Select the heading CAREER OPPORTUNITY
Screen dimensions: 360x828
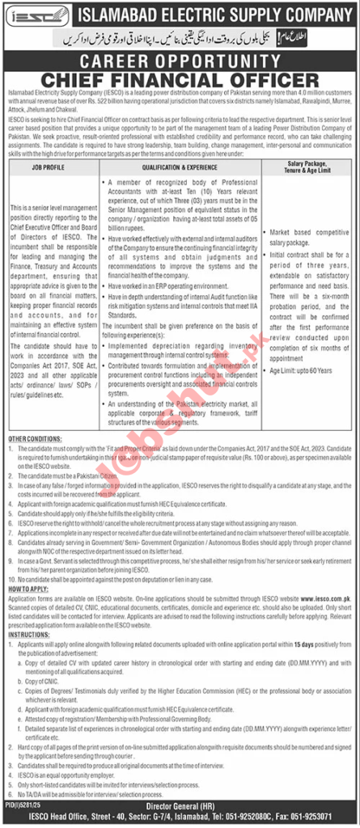179,61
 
